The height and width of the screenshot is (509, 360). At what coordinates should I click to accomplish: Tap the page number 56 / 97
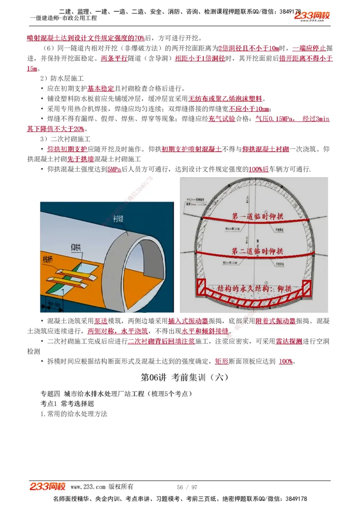187,487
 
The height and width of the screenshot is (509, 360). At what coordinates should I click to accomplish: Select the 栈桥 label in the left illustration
49,259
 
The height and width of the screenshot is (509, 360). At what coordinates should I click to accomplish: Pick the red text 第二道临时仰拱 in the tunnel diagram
257,251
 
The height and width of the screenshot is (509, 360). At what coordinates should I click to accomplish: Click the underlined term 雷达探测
289,341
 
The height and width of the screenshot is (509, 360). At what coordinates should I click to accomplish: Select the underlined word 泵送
101,321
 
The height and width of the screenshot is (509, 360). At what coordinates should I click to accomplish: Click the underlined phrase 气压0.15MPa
274,119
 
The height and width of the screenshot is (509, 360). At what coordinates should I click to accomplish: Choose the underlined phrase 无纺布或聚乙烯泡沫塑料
225,98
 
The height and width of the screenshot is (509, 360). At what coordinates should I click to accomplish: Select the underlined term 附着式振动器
275,321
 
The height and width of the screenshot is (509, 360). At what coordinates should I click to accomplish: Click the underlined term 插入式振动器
188,321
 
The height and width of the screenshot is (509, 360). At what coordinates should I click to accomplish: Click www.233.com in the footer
88,487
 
